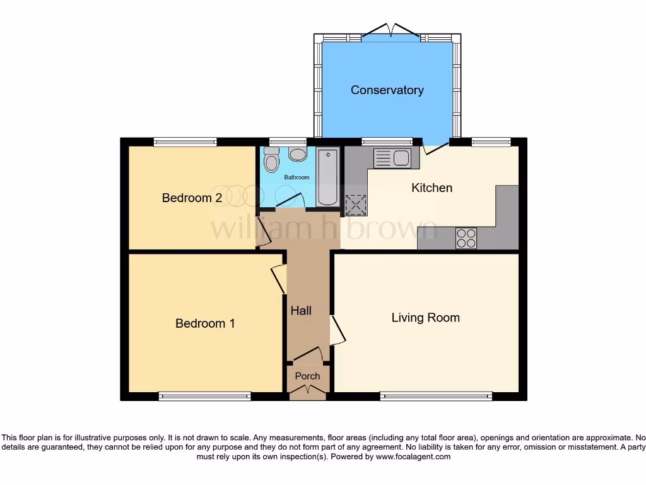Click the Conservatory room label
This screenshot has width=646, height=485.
(x=387, y=90)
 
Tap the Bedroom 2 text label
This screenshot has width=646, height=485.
(x=192, y=198)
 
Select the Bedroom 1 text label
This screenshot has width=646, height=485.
(x=205, y=323)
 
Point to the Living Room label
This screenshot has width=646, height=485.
(x=425, y=318)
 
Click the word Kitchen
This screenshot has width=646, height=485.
(x=432, y=188)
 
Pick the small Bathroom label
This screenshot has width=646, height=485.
(x=297, y=177)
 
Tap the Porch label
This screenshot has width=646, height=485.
(x=308, y=376)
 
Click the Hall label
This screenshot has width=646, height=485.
(x=301, y=311)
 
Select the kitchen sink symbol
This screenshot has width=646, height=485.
(x=392, y=158)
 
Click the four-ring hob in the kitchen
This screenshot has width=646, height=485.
(x=466, y=238)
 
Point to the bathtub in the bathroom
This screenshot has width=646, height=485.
(x=327, y=177)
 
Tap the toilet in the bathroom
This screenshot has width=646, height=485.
(x=271, y=161)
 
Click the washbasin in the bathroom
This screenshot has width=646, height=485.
(x=297, y=154)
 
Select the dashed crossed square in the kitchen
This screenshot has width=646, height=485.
(x=356, y=205)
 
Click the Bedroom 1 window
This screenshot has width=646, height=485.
(x=205, y=397)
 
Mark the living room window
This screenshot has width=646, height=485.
(x=436, y=397)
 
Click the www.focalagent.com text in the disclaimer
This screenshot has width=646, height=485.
(x=414, y=457)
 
